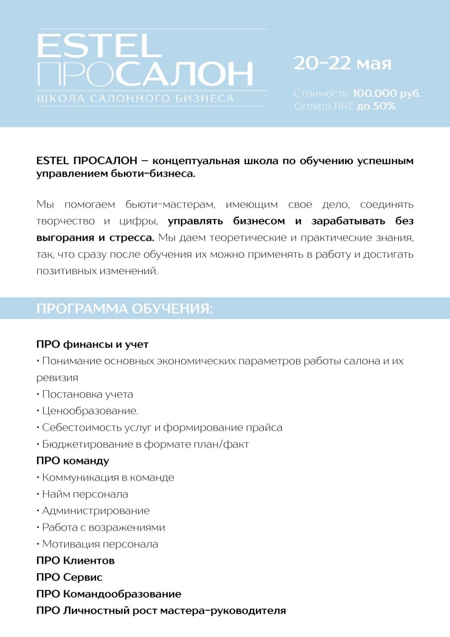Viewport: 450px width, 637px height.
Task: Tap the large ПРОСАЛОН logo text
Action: [x=145, y=74]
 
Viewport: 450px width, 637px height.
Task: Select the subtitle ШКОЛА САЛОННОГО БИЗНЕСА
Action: [x=135, y=99]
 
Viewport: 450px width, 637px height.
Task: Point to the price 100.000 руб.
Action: [x=387, y=94]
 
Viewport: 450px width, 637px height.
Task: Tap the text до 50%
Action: [x=376, y=106]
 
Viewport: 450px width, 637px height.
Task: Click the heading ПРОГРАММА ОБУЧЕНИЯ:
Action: [x=124, y=309]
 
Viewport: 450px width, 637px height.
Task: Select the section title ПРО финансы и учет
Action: [x=93, y=344]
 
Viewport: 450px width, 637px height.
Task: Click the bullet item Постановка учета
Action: [x=87, y=394]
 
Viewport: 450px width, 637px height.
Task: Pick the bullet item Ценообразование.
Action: [x=90, y=411]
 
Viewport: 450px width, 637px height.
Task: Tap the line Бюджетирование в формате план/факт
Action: [x=145, y=444]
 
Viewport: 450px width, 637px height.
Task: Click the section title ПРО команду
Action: [x=73, y=461]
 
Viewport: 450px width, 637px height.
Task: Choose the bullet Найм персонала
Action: [x=85, y=494]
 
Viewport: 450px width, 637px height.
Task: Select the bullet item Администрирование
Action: [x=96, y=511]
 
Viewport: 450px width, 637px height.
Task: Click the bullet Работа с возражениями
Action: [x=103, y=527]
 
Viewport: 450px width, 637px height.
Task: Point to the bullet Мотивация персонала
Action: [x=100, y=544]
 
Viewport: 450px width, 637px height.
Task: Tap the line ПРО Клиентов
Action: [x=76, y=561]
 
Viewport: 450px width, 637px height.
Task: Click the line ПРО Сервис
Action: [x=70, y=577]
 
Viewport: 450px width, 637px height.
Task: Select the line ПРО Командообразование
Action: [x=109, y=594]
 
